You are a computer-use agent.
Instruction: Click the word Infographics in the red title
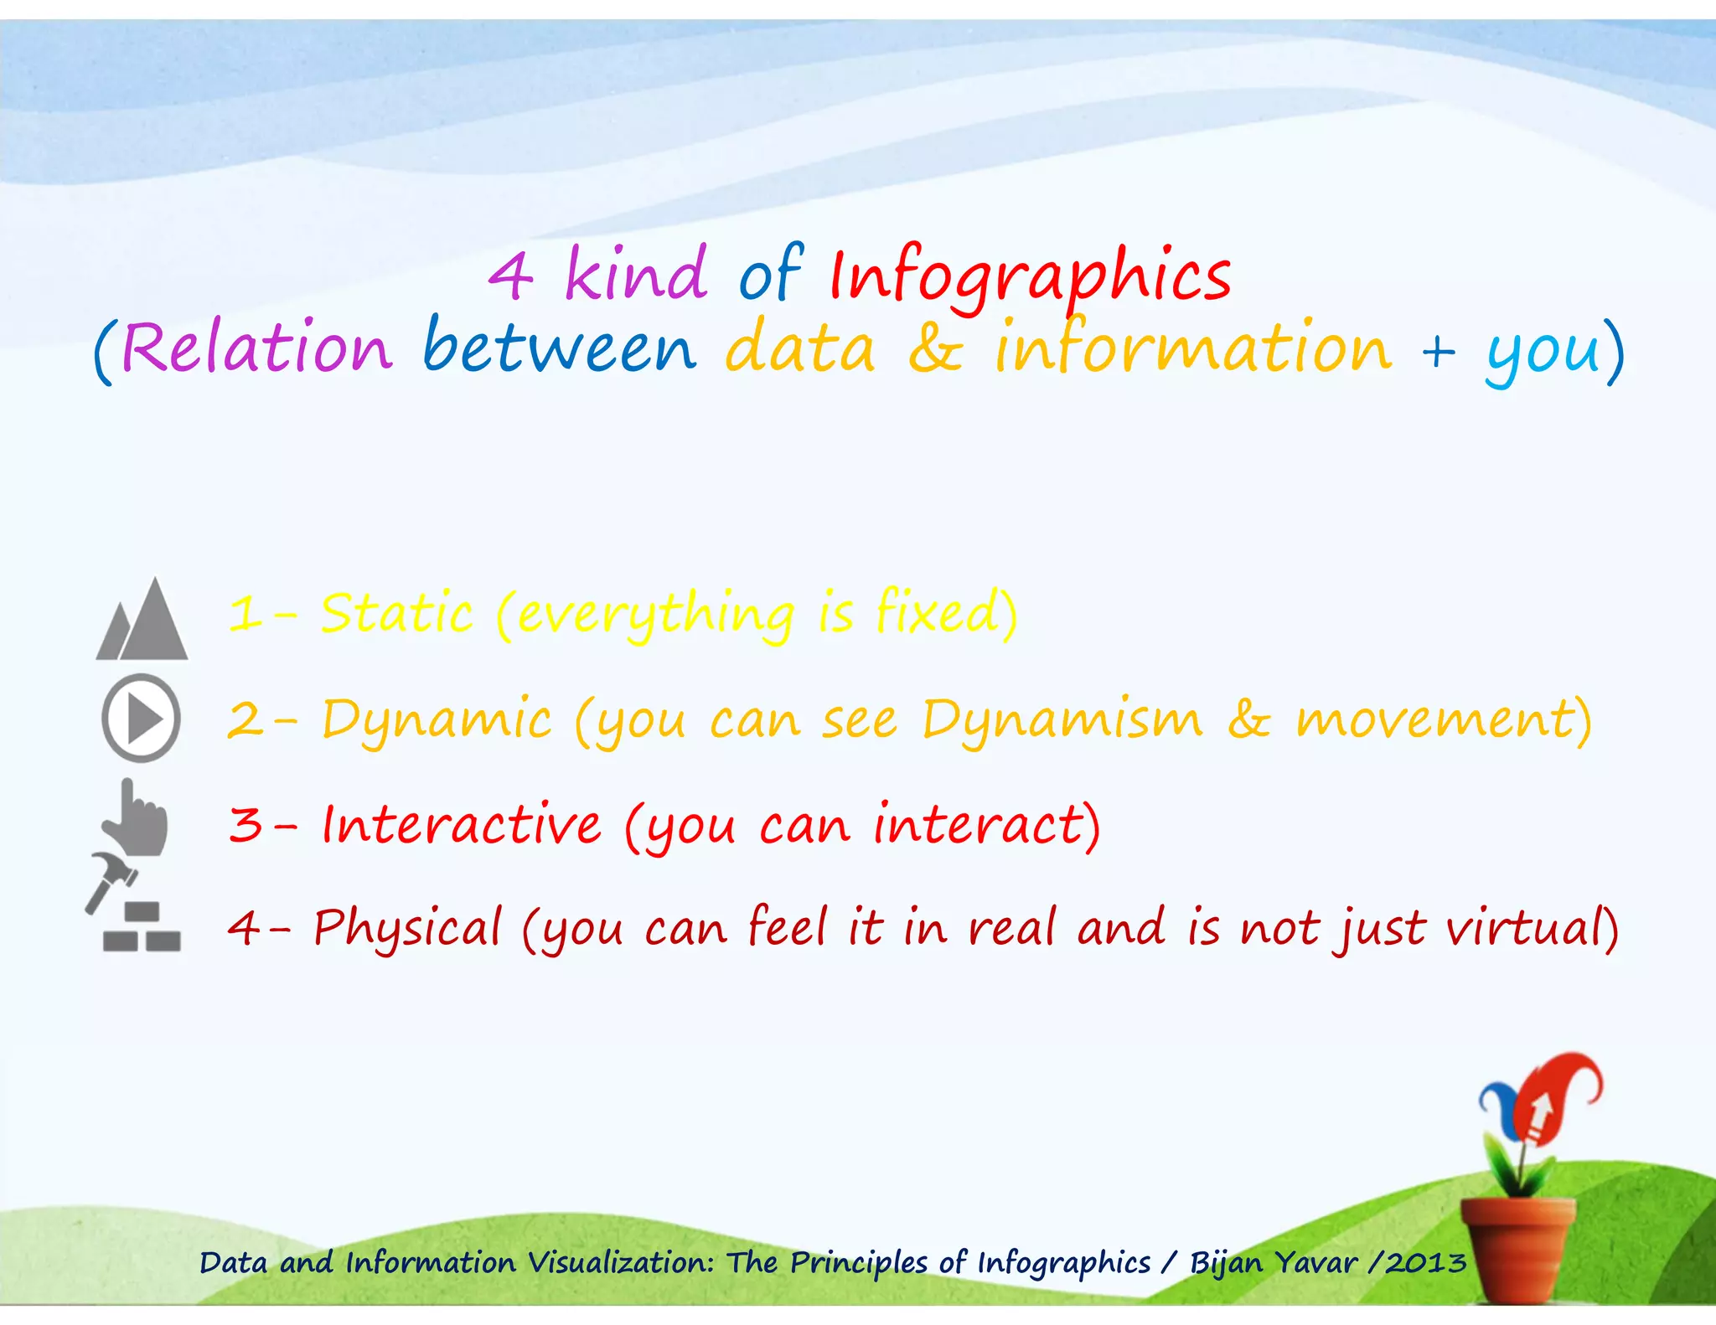point(1031,276)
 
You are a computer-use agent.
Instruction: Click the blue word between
point(560,347)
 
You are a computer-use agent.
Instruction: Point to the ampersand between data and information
point(935,348)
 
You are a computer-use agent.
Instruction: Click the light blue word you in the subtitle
point(1543,352)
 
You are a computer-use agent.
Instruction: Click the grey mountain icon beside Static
point(142,621)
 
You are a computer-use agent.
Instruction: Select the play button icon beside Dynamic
point(141,718)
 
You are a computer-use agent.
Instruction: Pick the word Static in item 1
point(397,613)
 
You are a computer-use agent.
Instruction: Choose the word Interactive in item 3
point(462,824)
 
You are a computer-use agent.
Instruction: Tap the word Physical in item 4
point(407,928)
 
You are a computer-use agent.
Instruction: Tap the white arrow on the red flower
point(1540,1114)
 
